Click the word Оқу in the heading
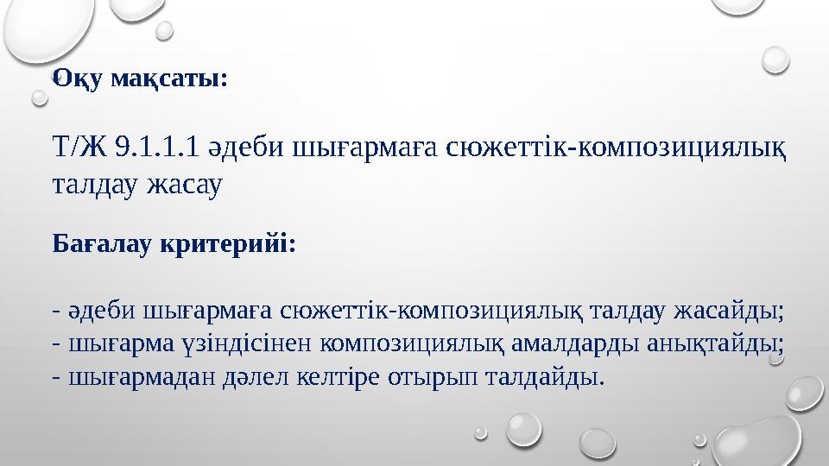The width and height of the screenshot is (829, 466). tap(74, 79)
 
